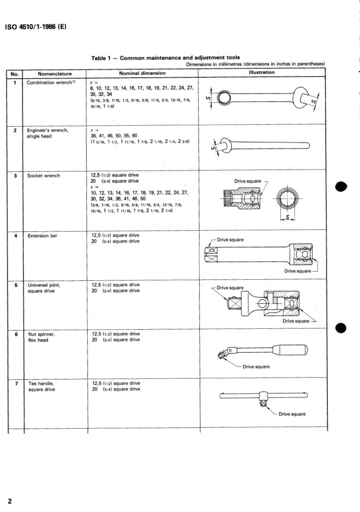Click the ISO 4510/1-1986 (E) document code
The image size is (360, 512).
click(x=35, y=26)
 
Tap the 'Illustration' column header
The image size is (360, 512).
click(x=262, y=73)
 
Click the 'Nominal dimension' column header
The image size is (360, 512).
click(x=142, y=73)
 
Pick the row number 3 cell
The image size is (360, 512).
click(x=16, y=176)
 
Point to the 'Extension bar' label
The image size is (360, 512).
click(x=42, y=236)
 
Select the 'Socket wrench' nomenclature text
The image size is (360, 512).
click(x=43, y=176)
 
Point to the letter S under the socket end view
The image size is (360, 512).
click(x=287, y=217)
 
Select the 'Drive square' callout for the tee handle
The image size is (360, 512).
click(x=292, y=414)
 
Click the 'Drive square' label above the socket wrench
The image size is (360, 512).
click(x=248, y=181)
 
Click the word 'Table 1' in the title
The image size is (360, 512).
click(x=102, y=58)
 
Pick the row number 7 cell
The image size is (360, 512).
click(x=16, y=383)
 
